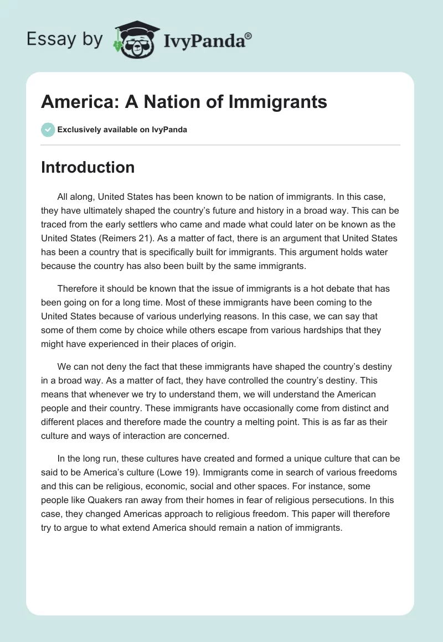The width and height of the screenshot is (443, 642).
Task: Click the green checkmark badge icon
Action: pyautogui.click(x=48, y=130)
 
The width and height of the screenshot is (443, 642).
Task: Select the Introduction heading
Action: pyautogui.click(x=87, y=167)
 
